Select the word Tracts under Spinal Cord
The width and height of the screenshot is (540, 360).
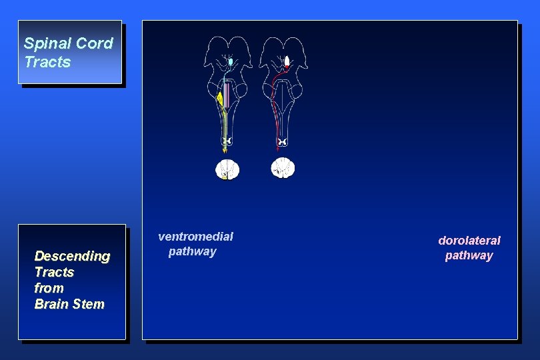pyautogui.click(x=47, y=62)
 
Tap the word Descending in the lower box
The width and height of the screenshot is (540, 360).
pyautogui.click(x=72, y=256)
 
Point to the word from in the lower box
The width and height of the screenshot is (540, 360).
pyautogui.click(x=49, y=288)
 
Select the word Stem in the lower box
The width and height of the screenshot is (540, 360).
pyautogui.click(x=89, y=304)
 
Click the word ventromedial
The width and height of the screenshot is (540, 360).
pyautogui.click(x=195, y=236)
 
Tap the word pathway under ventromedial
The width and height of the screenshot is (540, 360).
pyautogui.click(x=192, y=251)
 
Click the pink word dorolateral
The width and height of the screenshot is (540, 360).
pyautogui.click(x=469, y=240)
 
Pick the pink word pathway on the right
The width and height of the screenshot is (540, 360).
pyautogui.click(x=469, y=255)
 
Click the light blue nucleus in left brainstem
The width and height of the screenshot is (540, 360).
pyautogui.click(x=231, y=62)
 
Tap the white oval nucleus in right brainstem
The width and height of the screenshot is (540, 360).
pyautogui.click(x=287, y=62)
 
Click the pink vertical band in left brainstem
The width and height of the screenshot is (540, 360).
pyautogui.click(x=227, y=97)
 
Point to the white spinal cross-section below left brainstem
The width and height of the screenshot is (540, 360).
pyautogui.click(x=227, y=169)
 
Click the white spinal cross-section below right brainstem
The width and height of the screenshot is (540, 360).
pyautogui.click(x=283, y=167)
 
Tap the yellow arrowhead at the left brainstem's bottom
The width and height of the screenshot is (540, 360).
pyautogui.click(x=225, y=151)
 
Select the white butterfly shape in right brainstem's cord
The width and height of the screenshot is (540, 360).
pyautogui.click(x=283, y=142)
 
